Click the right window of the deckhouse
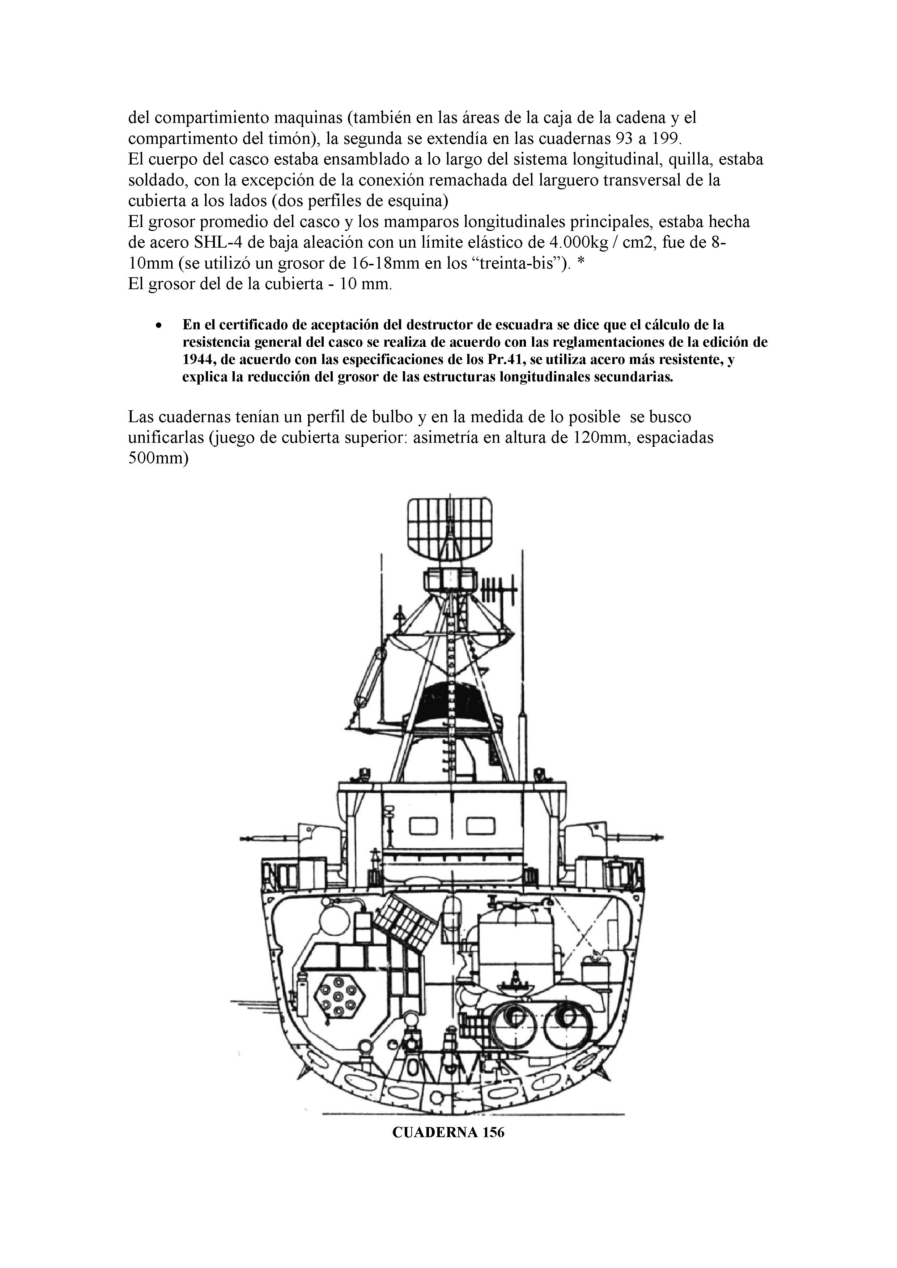pyautogui.click(x=481, y=826)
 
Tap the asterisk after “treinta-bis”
pyautogui.click(x=580, y=264)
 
